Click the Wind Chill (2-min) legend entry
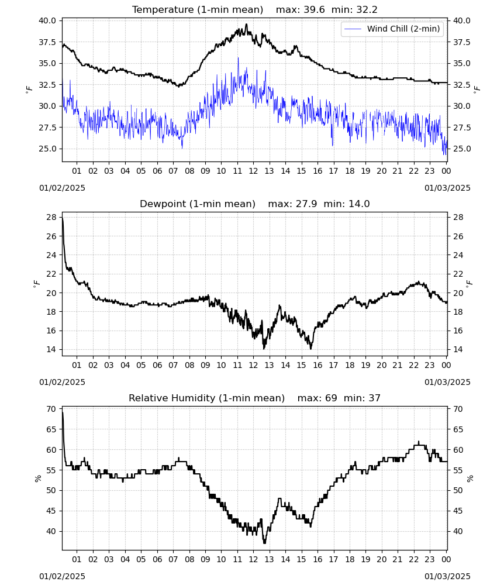click(x=392, y=29)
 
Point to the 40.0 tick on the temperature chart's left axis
click(x=48, y=20)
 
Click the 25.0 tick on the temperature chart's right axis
click(x=461, y=149)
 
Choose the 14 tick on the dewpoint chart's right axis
click(x=457, y=350)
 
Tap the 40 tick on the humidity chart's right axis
click(x=457, y=531)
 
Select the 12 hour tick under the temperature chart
click(x=254, y=171)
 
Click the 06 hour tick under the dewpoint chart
click(x=157, y=365)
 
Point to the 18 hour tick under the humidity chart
click(x=350, y=559)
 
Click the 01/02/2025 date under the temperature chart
click(x=62, y=188)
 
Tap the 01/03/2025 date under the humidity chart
click(x=447, y=576)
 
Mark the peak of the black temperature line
click(x=246, y=24)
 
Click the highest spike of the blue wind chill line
click(x=238, y=58)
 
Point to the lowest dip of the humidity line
click(x=265, y=543)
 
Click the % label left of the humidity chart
click(x=37, y=479)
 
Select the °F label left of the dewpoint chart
click(x=36, y=284)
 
